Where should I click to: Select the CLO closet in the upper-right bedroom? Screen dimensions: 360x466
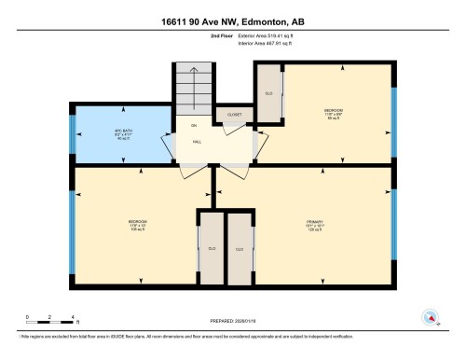[x=269, y=94]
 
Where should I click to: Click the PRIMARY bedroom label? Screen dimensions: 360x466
[x=314, y=224]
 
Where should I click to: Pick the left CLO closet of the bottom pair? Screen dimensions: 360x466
[x=212, y=248]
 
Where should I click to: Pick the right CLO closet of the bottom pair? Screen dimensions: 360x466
[x=240, y=248]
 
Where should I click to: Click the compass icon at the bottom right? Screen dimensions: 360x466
[x=431, y=317]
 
